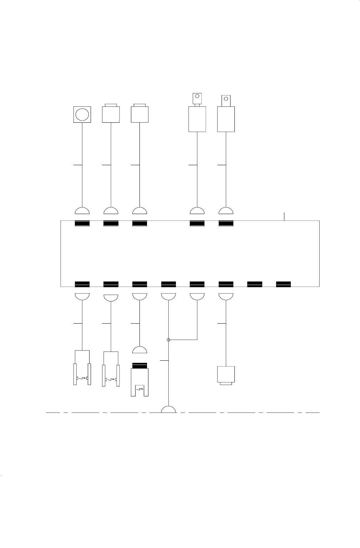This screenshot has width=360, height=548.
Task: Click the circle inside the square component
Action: pyautogui.click(x=82, y=115)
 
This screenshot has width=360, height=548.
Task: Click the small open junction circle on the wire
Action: pyautogui.click(x=168, y=340)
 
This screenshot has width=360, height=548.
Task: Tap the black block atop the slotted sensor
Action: pyautogui.click(x=140, y=366)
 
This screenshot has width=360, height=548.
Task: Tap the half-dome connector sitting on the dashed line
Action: pyautogui.click(x=168, y=409)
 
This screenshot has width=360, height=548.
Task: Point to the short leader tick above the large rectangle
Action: pyautogui.click(x=284, y=216)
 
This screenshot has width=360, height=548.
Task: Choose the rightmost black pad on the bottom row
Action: pyautogui.click(x=284, y=284)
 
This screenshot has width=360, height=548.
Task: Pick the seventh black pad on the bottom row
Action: pyautogui.click(x=255, y=284)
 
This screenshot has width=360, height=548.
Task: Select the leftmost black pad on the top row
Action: pyautogui.click(x=82, y=224)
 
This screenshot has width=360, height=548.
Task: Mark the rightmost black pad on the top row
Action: pyautogui.click(x=226, y=224)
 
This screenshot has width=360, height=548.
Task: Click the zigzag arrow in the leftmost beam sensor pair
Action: pyautogui.click(x=82, y=378)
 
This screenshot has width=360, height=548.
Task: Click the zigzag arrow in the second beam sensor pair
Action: pyautogui.click(x=111, y=379)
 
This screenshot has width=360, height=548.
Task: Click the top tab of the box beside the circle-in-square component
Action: pyautogui.click(x=111, y=105)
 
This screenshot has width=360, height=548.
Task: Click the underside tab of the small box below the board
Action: pyautogui.click(x=226, y=384)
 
